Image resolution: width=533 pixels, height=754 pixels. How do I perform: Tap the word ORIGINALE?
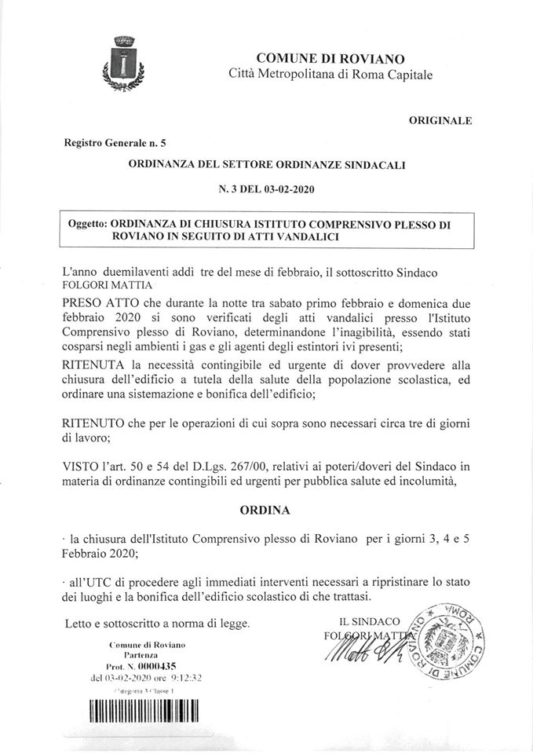tap(440, 121)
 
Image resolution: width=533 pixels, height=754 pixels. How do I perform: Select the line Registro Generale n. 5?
tap(110, 142)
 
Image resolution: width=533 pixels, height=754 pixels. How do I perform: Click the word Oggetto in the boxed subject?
tap(88, 223)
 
